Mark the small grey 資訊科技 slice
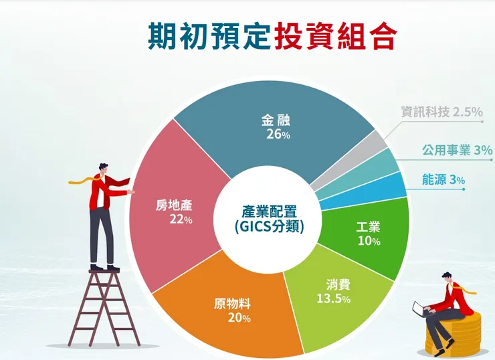(376, 143)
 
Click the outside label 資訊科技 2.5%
(441, 112)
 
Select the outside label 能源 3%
(443, 179)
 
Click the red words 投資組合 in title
(334, 35)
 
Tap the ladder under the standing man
(104, 308)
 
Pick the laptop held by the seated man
(420, 309)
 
